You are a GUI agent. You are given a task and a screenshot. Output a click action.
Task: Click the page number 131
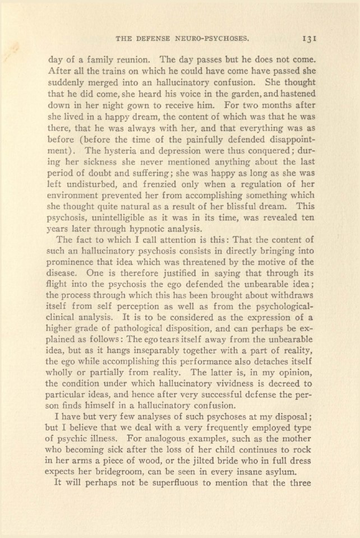click(310, 40)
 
